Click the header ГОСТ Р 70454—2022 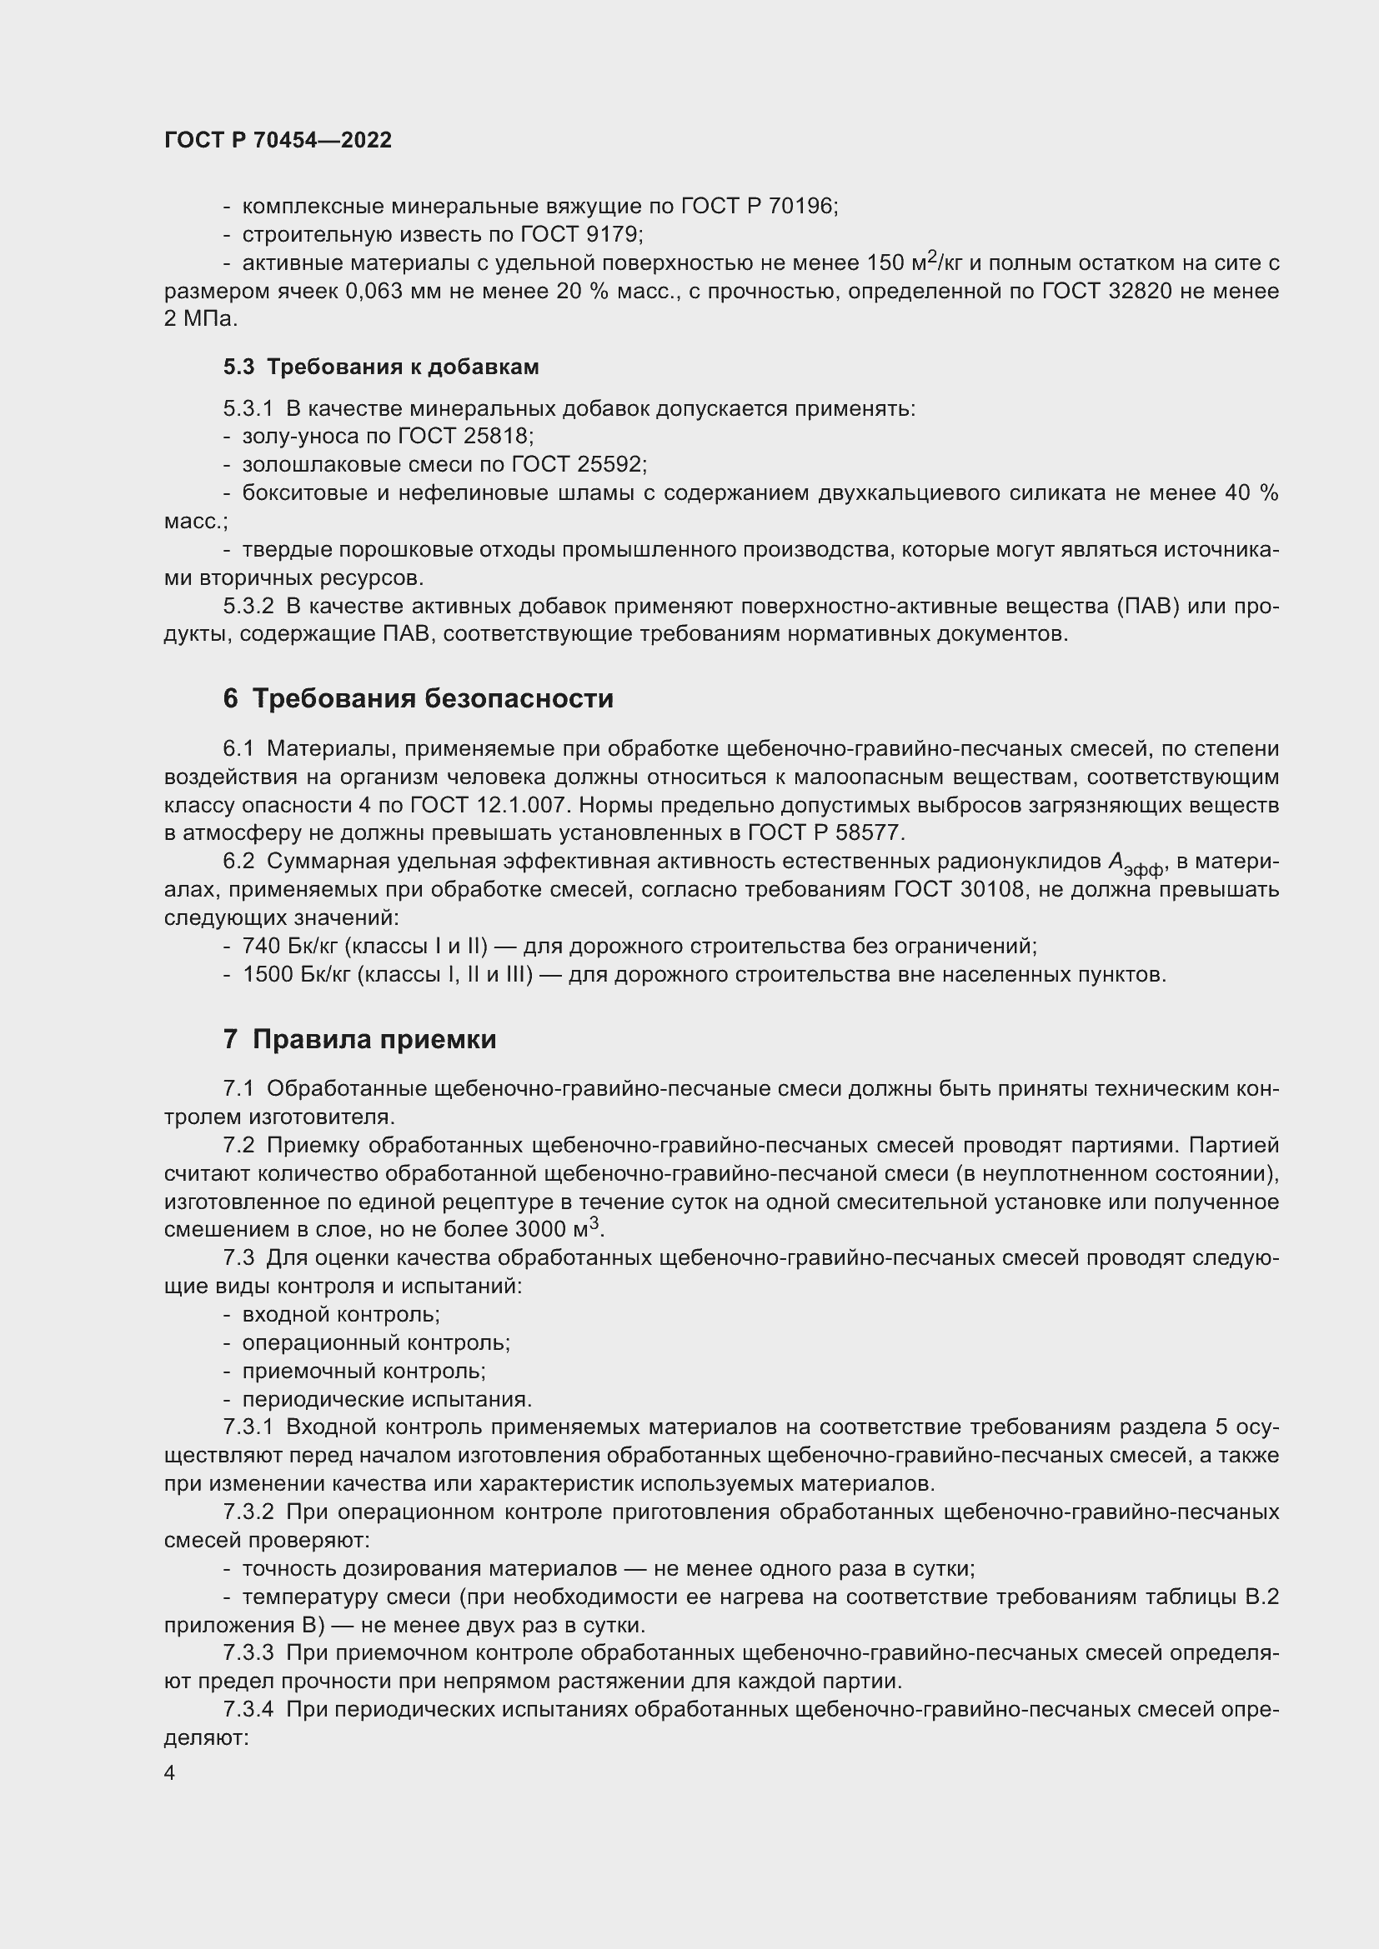(x=278, y=140)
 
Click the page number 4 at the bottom (x=170, y=1772)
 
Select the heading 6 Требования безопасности (x=418, y=697)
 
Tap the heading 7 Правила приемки (x=359, y=1039)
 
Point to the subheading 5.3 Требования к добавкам (x=381, y=367)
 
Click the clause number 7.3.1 (x=248, y=1427)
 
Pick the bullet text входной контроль (x=339, y=1314)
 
